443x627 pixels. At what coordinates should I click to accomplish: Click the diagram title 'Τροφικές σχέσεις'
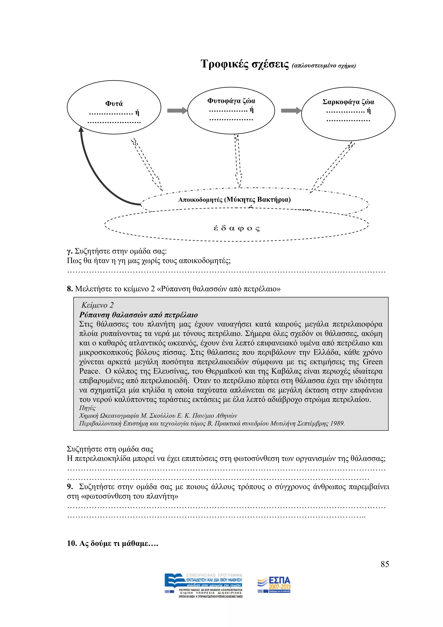click(x=244, y=64)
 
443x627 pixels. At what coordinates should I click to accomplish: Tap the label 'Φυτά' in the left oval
click(x=114, y=104)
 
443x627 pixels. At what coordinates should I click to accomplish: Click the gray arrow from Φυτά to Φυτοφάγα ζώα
click(x=177, y=111)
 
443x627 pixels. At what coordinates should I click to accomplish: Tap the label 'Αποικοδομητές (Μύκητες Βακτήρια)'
click(x=234, y=200)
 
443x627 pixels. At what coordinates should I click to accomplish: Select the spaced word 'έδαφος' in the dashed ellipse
click(x=236, y=228)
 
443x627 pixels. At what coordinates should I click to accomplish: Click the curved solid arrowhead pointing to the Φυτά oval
click(x=81, y=129)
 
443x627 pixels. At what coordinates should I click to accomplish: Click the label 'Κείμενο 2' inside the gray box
click(x=97, y=305)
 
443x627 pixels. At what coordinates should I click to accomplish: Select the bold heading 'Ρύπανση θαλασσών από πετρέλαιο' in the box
click(x=138, y=315)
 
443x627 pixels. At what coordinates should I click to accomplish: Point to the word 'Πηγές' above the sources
click(x=87, y=408)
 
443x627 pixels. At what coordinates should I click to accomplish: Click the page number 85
click(x=385, y=564)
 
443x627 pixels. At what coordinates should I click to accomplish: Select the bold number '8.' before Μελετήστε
click(x=70, y=289)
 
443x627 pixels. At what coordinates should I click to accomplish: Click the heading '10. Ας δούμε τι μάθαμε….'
click(x=112, y=543)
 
